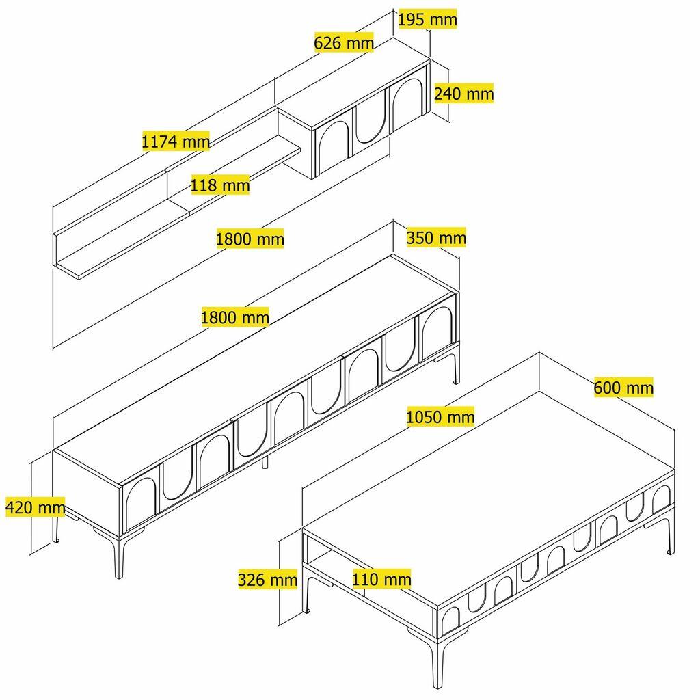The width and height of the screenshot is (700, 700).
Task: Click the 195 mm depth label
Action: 427,20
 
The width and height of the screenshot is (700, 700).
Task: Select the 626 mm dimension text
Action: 344,43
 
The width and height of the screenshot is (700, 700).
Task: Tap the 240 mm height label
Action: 463,93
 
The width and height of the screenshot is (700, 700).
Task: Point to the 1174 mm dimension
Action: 175,142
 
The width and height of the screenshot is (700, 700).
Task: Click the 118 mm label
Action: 220,185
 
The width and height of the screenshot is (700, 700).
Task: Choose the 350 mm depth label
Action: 436,238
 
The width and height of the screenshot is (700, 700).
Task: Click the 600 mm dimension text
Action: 623,388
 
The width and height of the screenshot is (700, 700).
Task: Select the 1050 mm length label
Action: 440,416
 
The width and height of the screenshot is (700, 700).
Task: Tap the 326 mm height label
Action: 267,580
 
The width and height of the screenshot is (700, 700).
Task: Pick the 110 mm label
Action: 381,580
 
